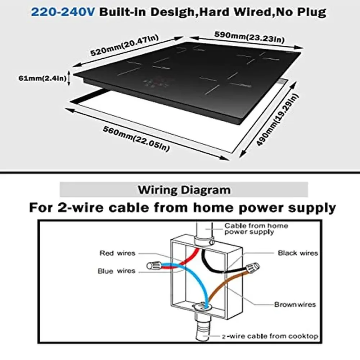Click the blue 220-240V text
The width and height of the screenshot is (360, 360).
[63, 12]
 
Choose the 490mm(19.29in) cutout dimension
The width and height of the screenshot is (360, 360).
[278, 119]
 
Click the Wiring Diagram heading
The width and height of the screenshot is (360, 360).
[184, 189]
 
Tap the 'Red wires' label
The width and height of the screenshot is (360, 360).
[117, 253]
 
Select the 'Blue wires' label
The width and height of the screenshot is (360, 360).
[116, 271]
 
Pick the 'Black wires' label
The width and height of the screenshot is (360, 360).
[298, 253]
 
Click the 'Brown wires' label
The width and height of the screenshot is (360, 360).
[295, 305]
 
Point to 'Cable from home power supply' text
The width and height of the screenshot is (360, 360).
[256, 229]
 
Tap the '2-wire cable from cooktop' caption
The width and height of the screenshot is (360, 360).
[270, 336]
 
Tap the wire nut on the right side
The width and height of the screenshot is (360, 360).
[252, 267]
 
